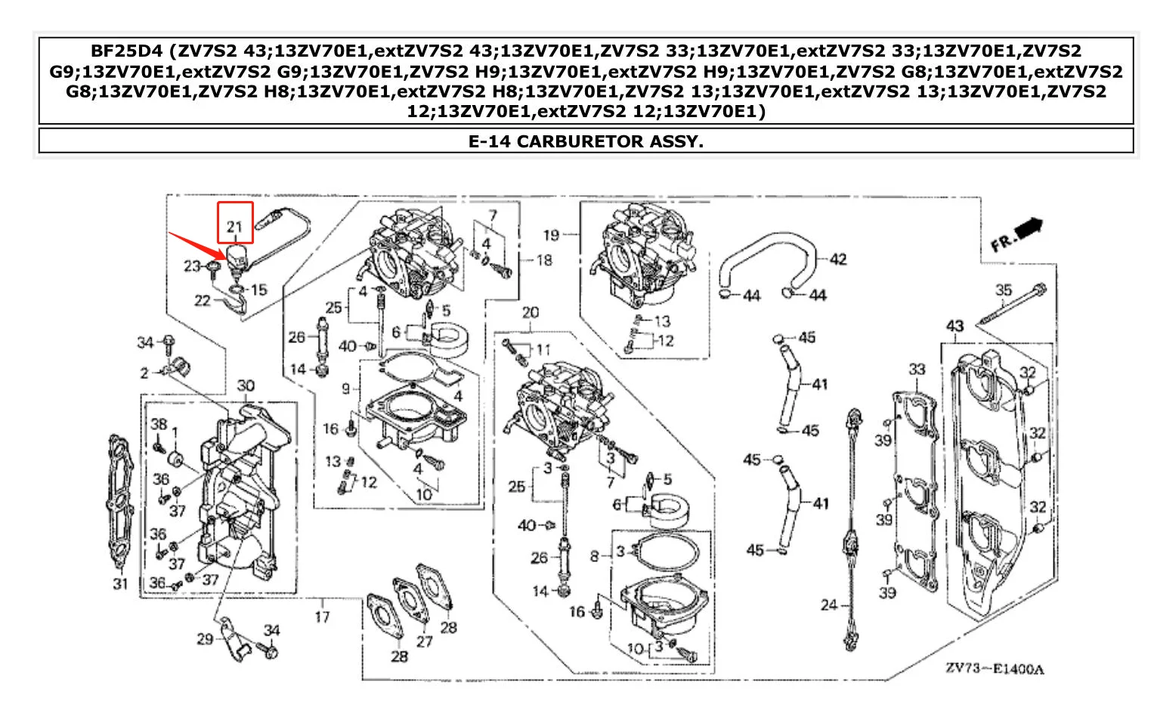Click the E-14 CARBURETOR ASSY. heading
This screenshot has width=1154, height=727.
586,141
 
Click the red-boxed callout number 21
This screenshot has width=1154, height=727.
234,226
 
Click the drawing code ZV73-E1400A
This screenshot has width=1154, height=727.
994,669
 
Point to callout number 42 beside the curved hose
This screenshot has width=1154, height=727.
838,259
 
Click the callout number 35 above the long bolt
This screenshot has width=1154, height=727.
1003,289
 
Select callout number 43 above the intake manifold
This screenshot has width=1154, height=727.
954,326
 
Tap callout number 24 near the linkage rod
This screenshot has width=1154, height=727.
828,605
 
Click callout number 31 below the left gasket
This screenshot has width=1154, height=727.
120,583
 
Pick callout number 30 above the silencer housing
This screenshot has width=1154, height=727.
246,385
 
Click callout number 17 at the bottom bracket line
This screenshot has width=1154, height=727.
322,617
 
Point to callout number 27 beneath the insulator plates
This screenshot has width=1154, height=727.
424,641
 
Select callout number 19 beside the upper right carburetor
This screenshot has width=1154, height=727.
551,235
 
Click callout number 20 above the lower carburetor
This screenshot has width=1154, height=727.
531,312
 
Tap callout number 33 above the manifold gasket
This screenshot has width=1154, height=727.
916,370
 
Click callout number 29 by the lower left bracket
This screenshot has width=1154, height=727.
205,639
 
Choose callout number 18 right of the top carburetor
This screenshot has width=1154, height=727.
544,260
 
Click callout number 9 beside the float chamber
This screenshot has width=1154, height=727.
346,388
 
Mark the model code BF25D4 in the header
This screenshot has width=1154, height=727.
126,51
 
